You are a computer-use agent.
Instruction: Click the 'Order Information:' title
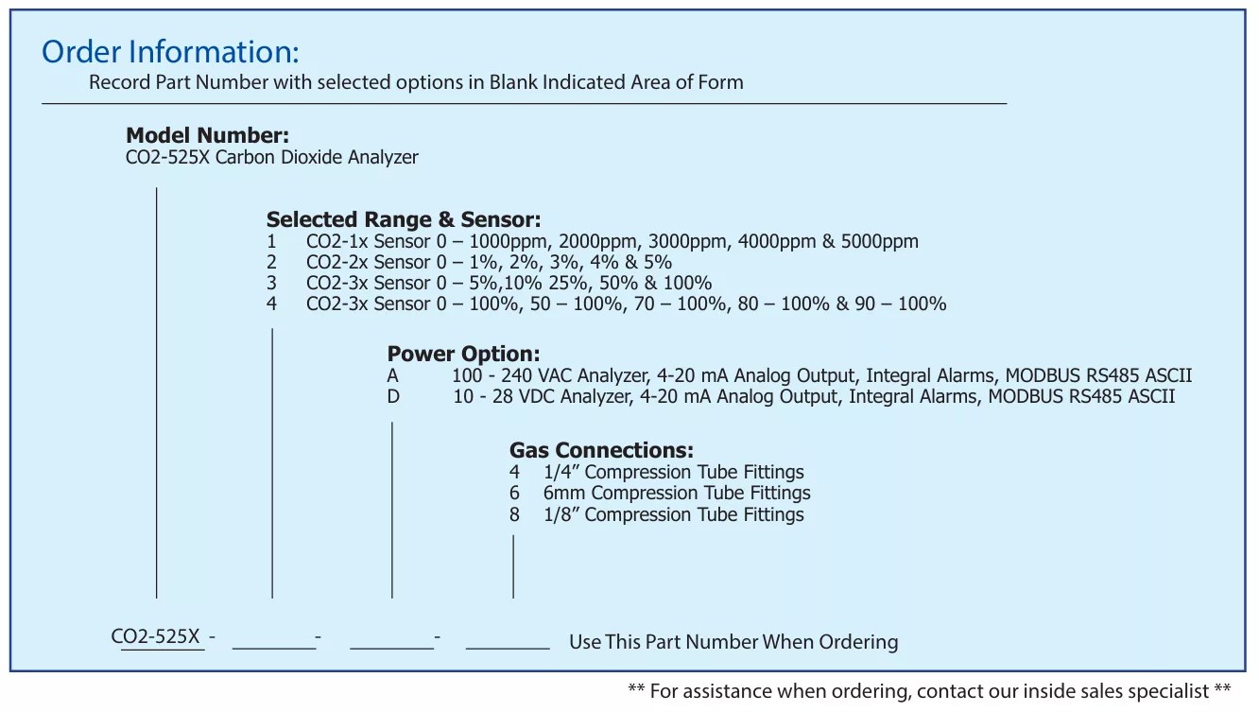point(170,52)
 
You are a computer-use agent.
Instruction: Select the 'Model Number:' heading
point(207,135)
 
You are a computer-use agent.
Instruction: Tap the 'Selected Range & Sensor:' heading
point(404,219)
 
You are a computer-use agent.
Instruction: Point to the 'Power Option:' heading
point(464,354)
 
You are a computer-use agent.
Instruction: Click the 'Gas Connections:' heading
point(601,450)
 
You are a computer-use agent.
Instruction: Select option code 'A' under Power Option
point(392,375)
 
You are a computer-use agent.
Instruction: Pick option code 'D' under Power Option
point(393,396)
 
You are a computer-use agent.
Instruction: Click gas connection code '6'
point(514,494)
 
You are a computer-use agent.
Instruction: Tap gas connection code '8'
point(514,514)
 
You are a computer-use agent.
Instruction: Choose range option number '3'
point(271,283)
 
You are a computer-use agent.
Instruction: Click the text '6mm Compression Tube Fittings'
point(677,494)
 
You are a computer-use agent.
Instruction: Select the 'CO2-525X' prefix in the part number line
point(156,636)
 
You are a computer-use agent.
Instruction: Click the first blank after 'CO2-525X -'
point(274,649)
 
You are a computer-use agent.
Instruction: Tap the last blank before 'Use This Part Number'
point(508,649)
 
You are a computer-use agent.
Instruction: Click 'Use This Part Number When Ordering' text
point(733,642)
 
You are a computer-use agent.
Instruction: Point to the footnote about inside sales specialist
point(929,691)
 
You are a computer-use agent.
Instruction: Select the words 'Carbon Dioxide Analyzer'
point(317,158)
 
